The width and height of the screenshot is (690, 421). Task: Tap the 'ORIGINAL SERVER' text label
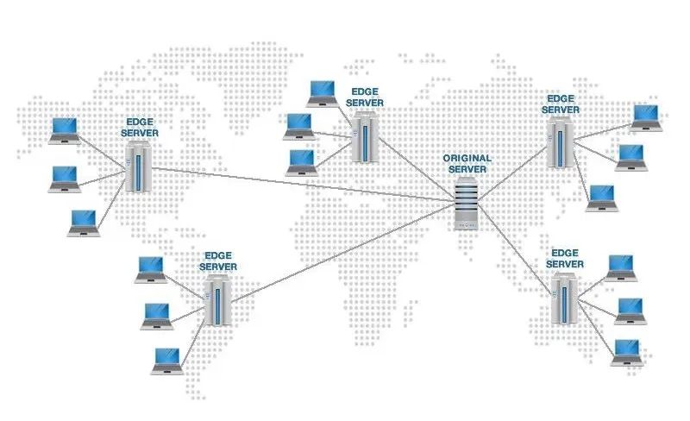click(467, 164)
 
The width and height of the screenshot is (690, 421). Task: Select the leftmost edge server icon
click(137, 167)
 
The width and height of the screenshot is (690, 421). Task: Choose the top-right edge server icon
click(560, 142)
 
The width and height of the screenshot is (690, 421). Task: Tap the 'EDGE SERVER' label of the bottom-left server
click(218, 261)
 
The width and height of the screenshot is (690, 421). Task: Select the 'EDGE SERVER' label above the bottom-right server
click(566, 258)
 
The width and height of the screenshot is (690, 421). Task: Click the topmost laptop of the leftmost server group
click(64, 129)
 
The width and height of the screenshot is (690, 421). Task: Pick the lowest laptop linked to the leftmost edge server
click(84, 223)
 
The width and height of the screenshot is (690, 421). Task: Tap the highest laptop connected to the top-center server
click(322, 92)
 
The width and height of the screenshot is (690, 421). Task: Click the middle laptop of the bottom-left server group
click(157, 315)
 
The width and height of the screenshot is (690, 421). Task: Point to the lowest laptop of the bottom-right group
click(626, 352)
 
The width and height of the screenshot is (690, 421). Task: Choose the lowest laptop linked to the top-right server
click(601, 198)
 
